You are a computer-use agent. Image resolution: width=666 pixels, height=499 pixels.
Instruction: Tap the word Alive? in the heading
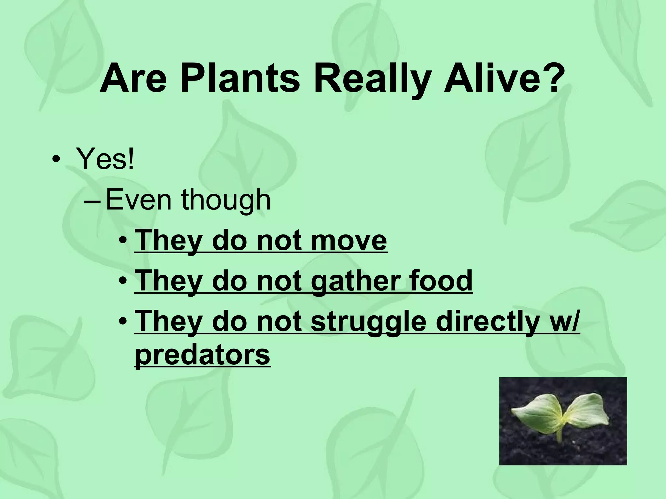(503, 80)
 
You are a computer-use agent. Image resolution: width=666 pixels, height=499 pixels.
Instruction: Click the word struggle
(368, 322)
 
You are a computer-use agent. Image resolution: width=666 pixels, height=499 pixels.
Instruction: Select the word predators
(202, 355)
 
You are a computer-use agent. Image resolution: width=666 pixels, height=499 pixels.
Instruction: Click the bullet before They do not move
(123, 241)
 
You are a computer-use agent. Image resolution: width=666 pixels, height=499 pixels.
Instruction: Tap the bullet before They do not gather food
(123, 281)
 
